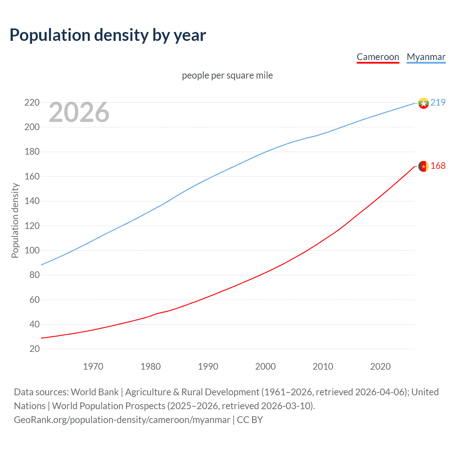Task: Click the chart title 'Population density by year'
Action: [108, 35]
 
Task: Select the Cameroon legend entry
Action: [378, 57]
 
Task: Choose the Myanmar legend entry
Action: [426, 57]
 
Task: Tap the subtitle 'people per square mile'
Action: [227, 75]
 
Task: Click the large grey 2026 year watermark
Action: [79, 112]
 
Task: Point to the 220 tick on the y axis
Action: [32, 102]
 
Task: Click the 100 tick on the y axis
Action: [32, 250]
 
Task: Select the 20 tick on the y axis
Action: [34, 349]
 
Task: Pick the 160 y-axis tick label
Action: [32, 176]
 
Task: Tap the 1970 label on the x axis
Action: [93, 366]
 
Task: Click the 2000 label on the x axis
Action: [266, 366]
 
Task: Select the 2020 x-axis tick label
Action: [380, 366]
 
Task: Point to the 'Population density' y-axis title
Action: [15, 220]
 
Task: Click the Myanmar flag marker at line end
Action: [423, 103]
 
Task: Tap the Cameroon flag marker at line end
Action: [423, 166]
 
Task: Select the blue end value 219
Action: [438, 102]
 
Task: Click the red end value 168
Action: [438, 166]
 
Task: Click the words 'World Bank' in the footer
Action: [95, 392]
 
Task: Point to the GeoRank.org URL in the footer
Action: [122, 420]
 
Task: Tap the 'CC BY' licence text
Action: [250, 420]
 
